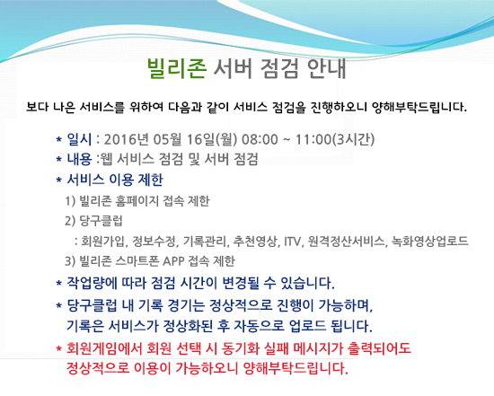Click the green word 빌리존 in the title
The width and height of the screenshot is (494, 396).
pyautogui.click(x=177, y=68)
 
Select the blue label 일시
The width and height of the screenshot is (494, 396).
pyautogui.click(x=79, y=139)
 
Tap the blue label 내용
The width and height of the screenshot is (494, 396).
pyautogui.click(x=79, y=159)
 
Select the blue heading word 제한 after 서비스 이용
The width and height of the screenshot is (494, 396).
pyautogui.click(x=151, y=180)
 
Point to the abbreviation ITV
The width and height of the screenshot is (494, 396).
pyautogui.click(x=293, y=242)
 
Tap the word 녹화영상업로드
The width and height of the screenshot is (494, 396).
pyautogui.click(x=430, y=242)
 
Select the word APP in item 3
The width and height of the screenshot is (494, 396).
pyautogui.click(x=173, y=261)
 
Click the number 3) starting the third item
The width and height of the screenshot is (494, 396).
pyautogui.click(x=70, y=261)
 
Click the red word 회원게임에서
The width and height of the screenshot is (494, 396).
pyautogui.click(x=103, y=348)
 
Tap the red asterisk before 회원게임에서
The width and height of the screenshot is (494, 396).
pyautogui.click(x=58, y=349)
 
